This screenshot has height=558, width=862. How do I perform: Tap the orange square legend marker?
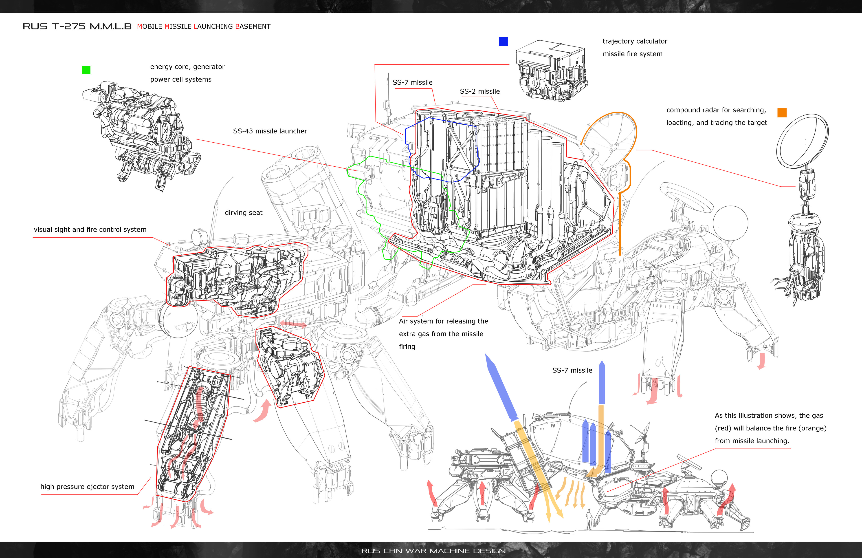coord(782,113)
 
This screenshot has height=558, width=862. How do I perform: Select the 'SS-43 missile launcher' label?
coord(270,131)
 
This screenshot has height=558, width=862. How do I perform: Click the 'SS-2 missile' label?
coord(479,92)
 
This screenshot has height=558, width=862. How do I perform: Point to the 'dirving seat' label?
coord(243,213)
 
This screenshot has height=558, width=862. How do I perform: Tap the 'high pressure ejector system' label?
coord(87,487)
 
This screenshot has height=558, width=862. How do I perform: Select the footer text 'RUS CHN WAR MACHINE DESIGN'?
coord(433,551)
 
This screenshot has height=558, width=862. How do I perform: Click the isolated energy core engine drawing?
coord(141,134)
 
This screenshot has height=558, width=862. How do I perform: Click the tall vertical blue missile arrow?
coord(602,382)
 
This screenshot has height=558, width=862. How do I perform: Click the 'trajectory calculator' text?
coord(635,41)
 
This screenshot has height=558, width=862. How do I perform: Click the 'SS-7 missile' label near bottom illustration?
coord(572,370)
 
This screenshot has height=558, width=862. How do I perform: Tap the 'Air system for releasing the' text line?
coord(443,321)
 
